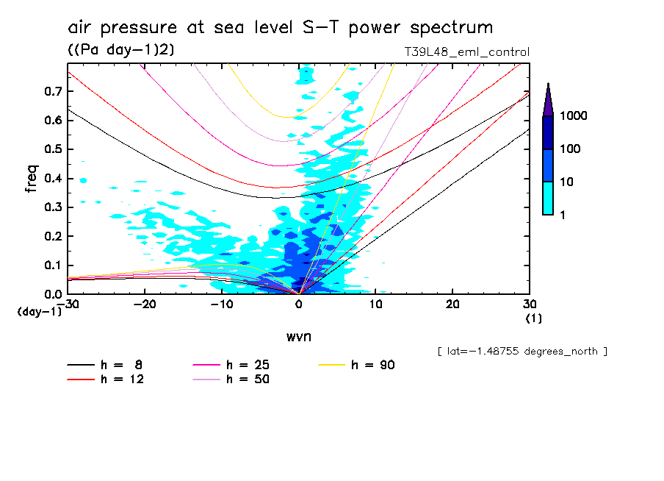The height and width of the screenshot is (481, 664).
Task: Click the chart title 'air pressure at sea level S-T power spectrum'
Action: [280, 28]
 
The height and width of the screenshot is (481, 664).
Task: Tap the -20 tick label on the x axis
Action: [145, 304]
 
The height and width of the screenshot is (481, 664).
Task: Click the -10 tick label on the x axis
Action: [222, 304]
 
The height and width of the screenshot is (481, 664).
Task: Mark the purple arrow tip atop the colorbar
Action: [548, 87]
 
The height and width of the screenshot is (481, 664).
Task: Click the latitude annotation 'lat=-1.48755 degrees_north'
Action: [522, 352]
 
